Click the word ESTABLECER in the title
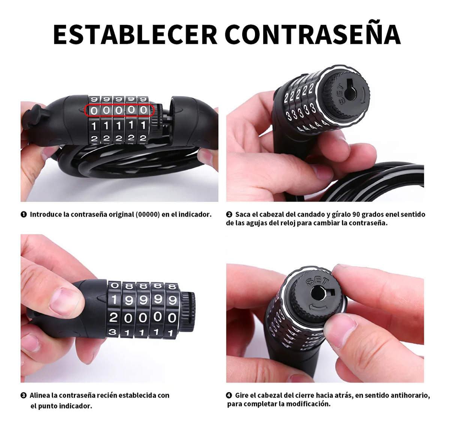[x=135, y=35]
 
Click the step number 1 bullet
[x=23, y=215]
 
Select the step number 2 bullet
[x=229, y=215]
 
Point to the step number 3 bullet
[x=23, y=396]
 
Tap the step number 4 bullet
[x=229, y=395]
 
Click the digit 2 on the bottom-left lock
[x=114, y=318]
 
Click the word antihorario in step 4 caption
[x=410, y=396]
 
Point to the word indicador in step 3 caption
[x=75, y=406]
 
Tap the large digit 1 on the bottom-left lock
[x=114, y=300]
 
